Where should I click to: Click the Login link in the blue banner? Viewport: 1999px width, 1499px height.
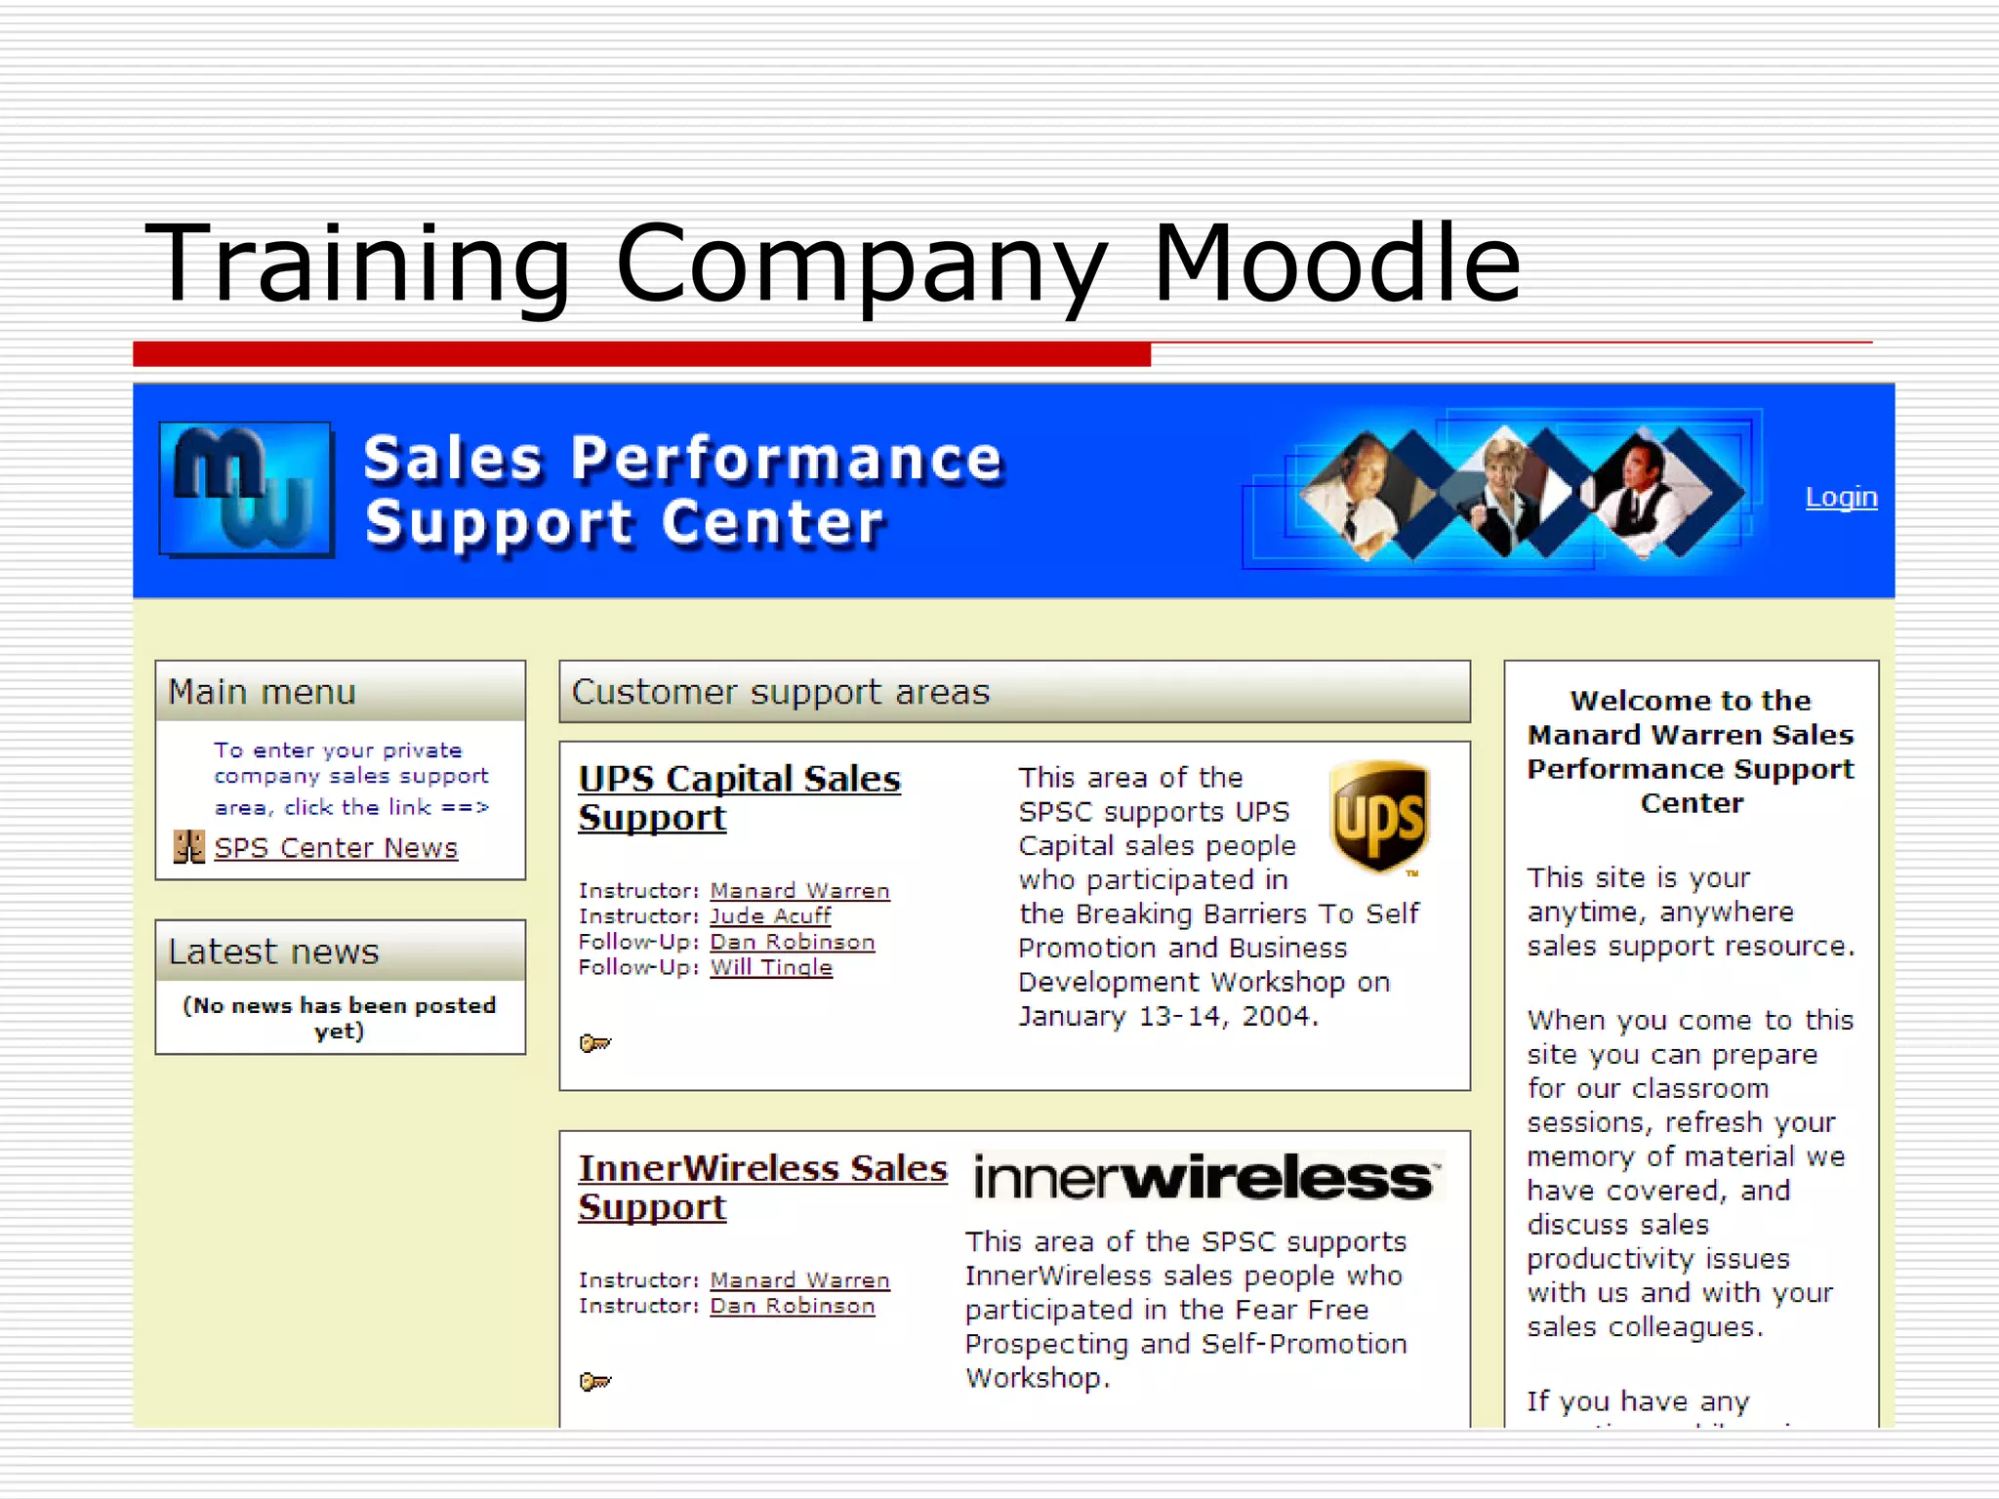click(1841, 498)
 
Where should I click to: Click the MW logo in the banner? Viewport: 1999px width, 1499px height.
click(246, 490)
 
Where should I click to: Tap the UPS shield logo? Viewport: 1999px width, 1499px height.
click(1379, 816)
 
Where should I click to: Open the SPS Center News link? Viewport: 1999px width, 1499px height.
click(336, 848)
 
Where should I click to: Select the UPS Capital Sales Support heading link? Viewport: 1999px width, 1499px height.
click(739, 798)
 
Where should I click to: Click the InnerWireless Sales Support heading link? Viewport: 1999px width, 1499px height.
click(761, 1188)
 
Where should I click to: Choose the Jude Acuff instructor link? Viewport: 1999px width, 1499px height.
click(770, 916)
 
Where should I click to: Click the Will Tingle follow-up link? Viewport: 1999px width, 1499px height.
click(771, 967)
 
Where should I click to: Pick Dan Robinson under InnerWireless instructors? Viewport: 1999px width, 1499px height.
click(792, 1306)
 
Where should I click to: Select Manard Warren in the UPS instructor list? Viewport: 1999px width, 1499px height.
click(799, 891)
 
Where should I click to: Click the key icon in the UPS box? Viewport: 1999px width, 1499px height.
click(594, 1044)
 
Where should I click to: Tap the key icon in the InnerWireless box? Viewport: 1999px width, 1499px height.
click(594, 1382)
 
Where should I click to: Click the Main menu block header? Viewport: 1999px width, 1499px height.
click(340, 692)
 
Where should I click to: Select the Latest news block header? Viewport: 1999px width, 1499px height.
click(340, 952)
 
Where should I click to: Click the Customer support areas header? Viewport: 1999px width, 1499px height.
click(1014, 692)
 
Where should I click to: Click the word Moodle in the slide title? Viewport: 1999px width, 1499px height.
click(1336, 263)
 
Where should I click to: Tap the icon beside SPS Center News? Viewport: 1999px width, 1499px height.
click(188, 847)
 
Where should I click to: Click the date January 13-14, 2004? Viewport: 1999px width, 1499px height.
click(1168, 1017)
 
